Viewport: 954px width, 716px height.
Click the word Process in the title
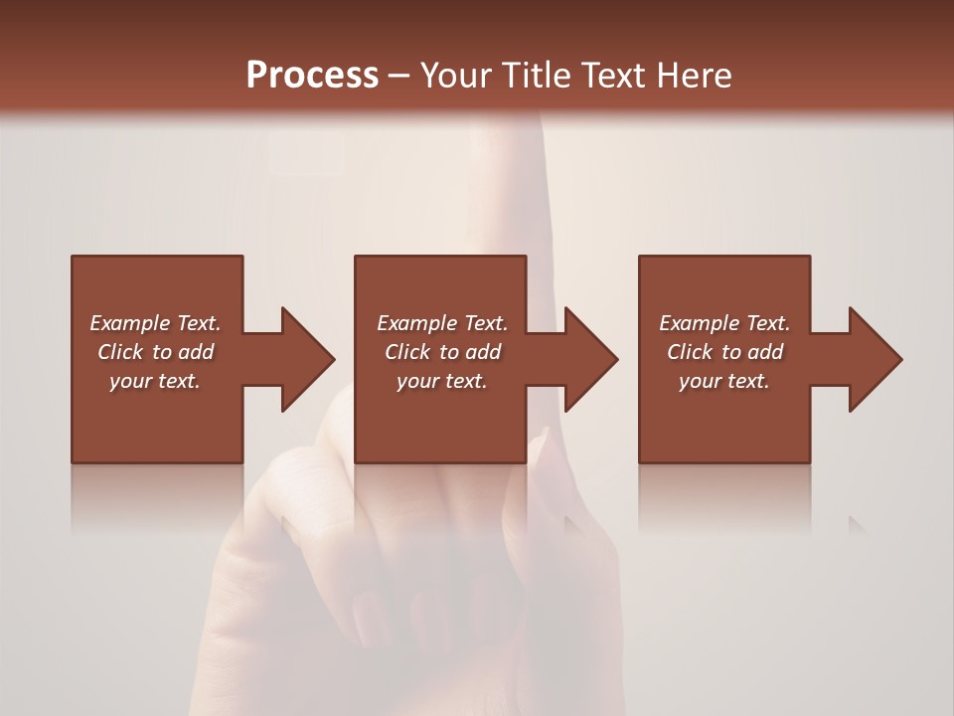click(312, 76)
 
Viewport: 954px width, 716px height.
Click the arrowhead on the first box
click(307, 359)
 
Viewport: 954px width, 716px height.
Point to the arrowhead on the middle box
click(590, 359)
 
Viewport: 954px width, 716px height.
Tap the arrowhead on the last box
click(874, 359)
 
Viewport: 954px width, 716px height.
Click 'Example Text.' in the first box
click(156, 323)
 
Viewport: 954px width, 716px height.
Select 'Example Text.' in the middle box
click(442, 323)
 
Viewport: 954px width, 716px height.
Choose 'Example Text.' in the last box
click(724, 323)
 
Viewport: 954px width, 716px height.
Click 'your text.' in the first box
click(155, 381)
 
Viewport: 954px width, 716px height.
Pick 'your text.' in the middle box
click(442, 381)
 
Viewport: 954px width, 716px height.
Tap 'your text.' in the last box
click(724, 381)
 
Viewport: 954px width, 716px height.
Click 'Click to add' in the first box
click(156, 352)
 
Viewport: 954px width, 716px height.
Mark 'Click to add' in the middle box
click(442, 352)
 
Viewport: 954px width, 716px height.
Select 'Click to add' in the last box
click(724, 352)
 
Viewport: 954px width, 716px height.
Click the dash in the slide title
click(399, 77)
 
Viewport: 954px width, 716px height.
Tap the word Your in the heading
click(453, 76)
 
